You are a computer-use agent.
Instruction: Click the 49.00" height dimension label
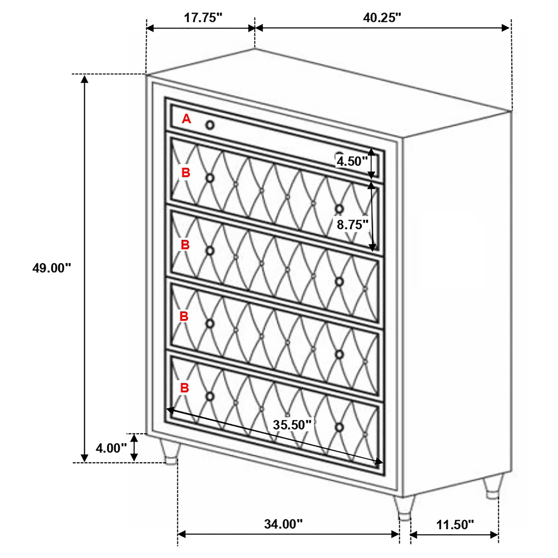(x=51, y=268)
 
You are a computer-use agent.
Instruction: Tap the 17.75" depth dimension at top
(x=203, y=18)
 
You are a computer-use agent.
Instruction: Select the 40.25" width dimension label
(x=382, y=18)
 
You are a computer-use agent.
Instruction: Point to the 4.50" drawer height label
(x=352, y=161)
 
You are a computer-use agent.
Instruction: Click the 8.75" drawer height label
(x=352, y=224)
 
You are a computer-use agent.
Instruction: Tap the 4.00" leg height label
(x=111, y=448)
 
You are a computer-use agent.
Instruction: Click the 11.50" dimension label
(x=455, y=525)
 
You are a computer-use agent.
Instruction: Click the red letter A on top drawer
(x=186, y=119)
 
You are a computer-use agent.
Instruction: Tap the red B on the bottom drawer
(x=185, y=388)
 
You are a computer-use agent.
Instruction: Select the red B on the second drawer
(x=186, y=173)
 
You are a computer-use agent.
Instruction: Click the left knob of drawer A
(x=210, y=125)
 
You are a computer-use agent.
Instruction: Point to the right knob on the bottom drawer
(x=339, y=427)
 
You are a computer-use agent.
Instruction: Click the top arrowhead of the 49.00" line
(x=84, y=79)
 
